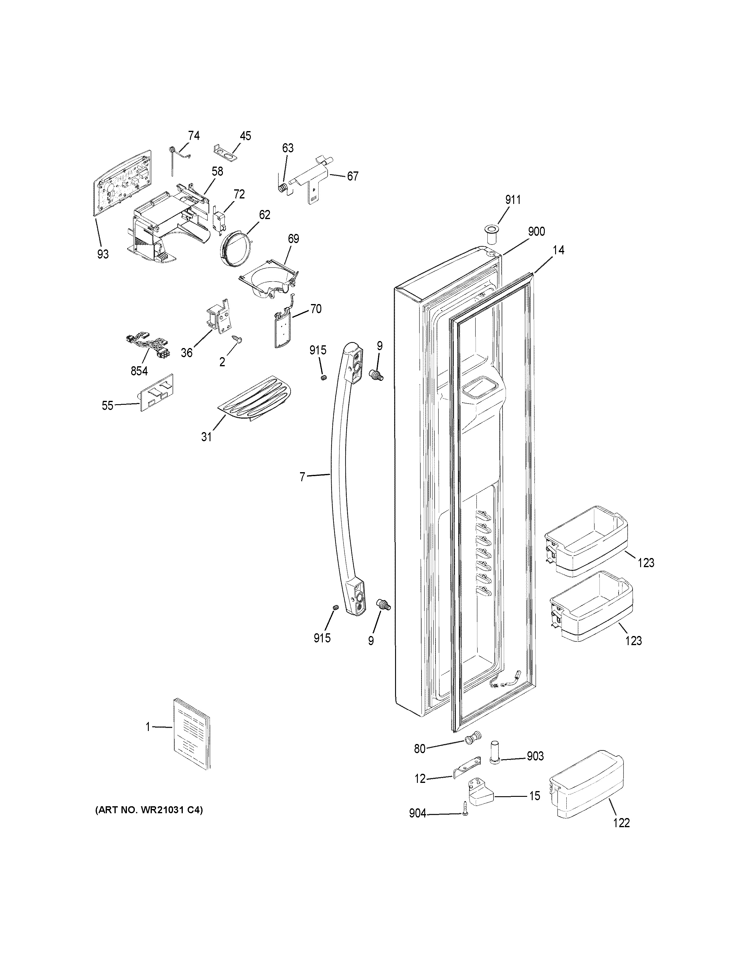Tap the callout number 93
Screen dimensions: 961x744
[103, 254]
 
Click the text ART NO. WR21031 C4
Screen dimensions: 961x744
[149, 810]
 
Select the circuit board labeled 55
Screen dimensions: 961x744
[157, 392]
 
